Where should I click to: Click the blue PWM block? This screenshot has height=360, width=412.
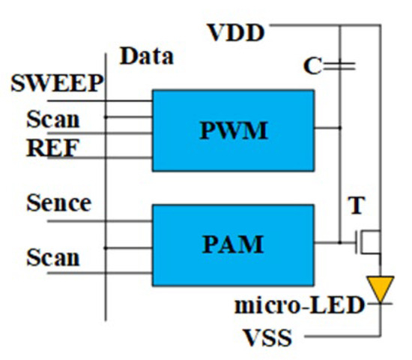coord(233,130)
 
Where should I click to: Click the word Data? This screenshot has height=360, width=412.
coord(147,56)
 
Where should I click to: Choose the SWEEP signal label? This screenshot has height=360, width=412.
coord(56,83)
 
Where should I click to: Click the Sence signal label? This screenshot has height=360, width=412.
coord(58,202)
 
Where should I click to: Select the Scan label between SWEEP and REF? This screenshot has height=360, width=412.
coord(52,118)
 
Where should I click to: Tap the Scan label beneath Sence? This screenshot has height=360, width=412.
coord(52,257)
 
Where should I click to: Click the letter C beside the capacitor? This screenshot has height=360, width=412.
coord(312,67)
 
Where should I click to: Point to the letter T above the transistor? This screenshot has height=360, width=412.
coord(356,206)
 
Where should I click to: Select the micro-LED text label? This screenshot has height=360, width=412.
coord(300,306)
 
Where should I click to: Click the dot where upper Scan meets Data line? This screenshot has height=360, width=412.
coord(106,117)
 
